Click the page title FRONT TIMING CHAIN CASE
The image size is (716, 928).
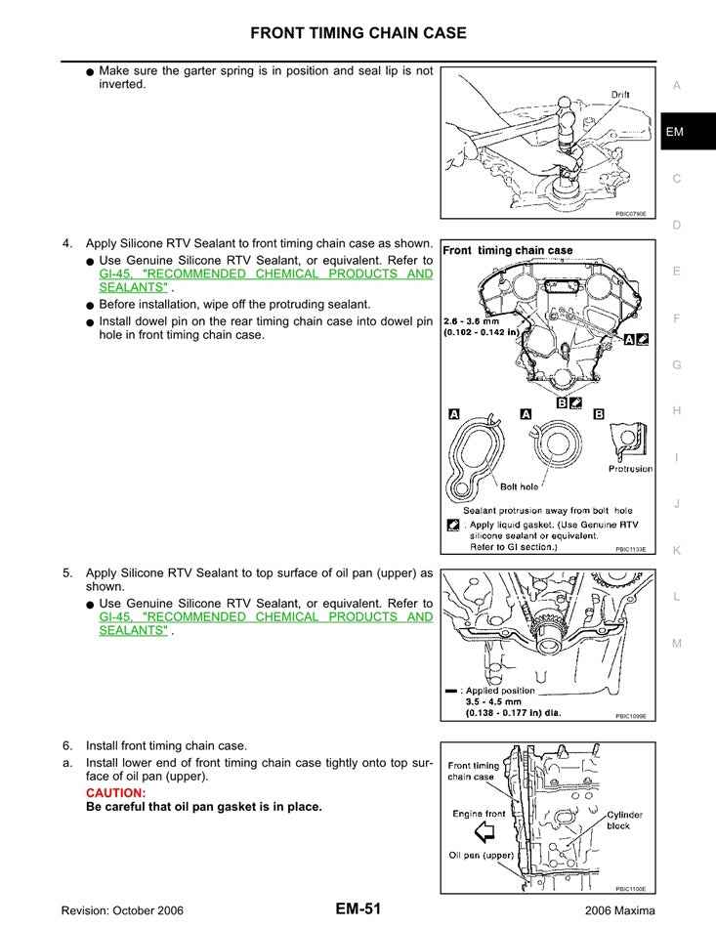[x=358, y=33]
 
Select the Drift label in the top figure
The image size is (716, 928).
[x=620, y=95]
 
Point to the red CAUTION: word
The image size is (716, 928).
[x=115, y=792]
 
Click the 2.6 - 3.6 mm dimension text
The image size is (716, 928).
[x=476, y=319]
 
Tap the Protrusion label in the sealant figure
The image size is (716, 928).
[x=630, y=469]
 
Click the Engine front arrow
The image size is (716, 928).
[x=484, y=832]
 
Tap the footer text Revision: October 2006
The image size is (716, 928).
[x=122, y=910]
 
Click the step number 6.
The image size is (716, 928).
[x=67, y=745]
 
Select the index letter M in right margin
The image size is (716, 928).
[x=676, y=643]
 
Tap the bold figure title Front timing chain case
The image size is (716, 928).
[x=508, y=250]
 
